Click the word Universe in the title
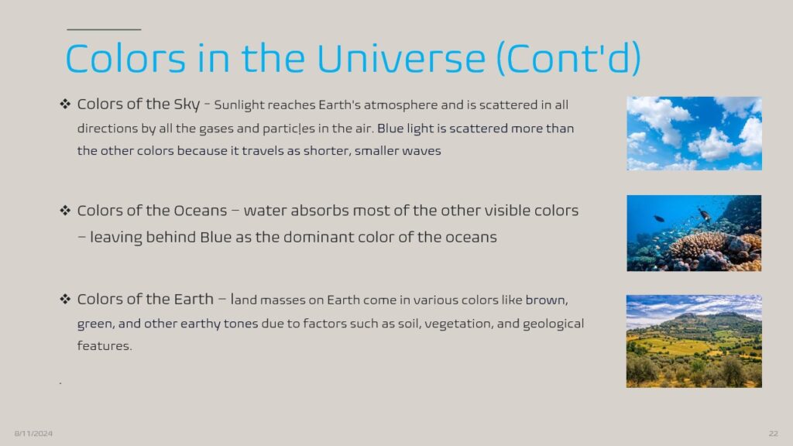[x=401, y=58]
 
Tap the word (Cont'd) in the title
[x=569, y=58]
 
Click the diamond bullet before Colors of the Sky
[x=65, y=105]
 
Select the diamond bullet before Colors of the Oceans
[x=65, y=211]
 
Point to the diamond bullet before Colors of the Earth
[x=65, y=299]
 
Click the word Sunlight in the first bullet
[x=239, y=105]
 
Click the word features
[x=105, y=346]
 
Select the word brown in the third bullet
[x=547, y=300]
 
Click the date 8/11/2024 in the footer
[x=33, y=434]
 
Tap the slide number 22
[x=774, y=434]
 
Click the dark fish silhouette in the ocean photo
[x=659, y=218]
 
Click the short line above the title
[x=104, y=30]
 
